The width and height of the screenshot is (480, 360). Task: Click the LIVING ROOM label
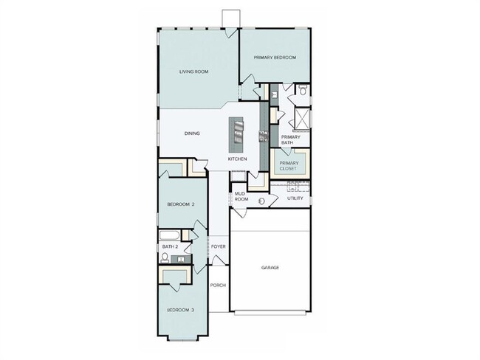point(194,72)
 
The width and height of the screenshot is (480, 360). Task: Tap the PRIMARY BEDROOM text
point(275,58)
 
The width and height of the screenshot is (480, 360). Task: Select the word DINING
point(192,134)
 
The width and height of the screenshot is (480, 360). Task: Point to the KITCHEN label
point(236,159)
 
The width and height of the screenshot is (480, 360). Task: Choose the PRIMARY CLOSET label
point(288,165)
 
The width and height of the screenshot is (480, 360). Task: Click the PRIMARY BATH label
point(290,139)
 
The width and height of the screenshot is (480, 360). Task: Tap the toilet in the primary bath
point(303,93)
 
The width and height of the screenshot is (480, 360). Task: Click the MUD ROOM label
point(241,196)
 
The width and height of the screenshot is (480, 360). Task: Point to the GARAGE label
point(270,268)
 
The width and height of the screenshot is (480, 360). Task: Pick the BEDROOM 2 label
point(180,204)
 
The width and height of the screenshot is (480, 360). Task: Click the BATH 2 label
point(171,246)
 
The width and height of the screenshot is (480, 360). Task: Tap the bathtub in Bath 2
point(169,235)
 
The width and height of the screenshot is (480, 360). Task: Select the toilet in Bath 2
point(165,259)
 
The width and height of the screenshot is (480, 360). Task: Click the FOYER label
point(218,246)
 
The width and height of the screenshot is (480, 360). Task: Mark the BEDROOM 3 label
point(180,310)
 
